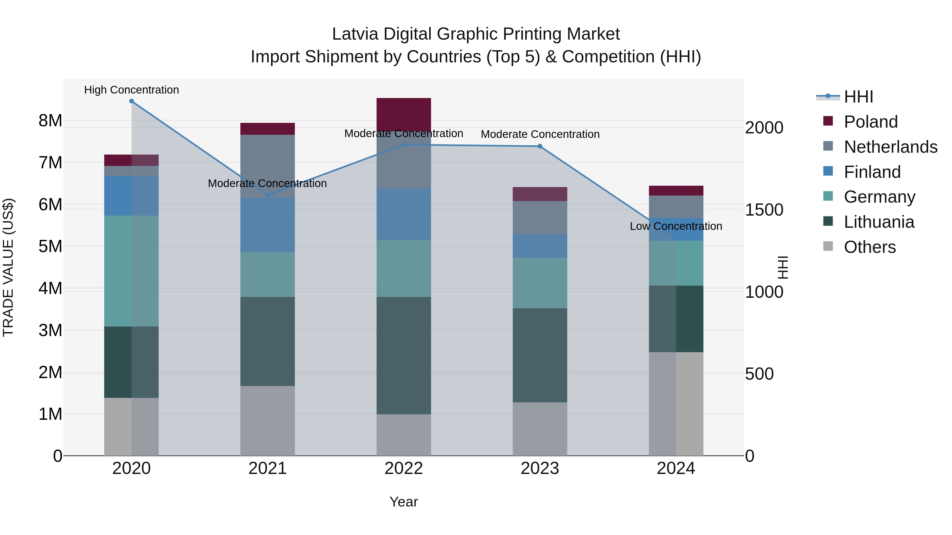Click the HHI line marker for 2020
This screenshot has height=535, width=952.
[x=132, y=101]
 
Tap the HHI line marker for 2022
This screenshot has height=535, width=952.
[x=404, y=145]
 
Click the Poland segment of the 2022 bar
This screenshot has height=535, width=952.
[x=404, y=114]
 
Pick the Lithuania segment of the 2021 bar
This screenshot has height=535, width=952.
[x=268, y=342]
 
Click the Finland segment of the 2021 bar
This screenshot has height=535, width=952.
[x=268, y=225]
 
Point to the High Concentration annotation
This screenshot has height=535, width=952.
[x=132, y=90]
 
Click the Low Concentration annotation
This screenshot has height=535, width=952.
[x=676, y=226]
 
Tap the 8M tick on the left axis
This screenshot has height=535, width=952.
[x=50, y=121]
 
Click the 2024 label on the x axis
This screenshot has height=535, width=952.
[x=676, y=468]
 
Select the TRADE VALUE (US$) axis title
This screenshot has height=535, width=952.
[x=8, y=267]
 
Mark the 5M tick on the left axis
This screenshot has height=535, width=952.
[x=50, y=246]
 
